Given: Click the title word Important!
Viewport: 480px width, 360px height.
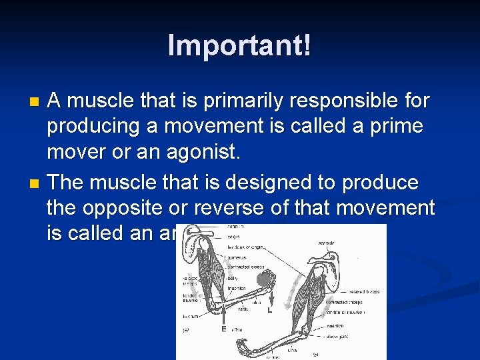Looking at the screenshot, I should click(239, 45).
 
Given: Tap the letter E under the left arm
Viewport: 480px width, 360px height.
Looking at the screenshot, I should click(223, 329).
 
